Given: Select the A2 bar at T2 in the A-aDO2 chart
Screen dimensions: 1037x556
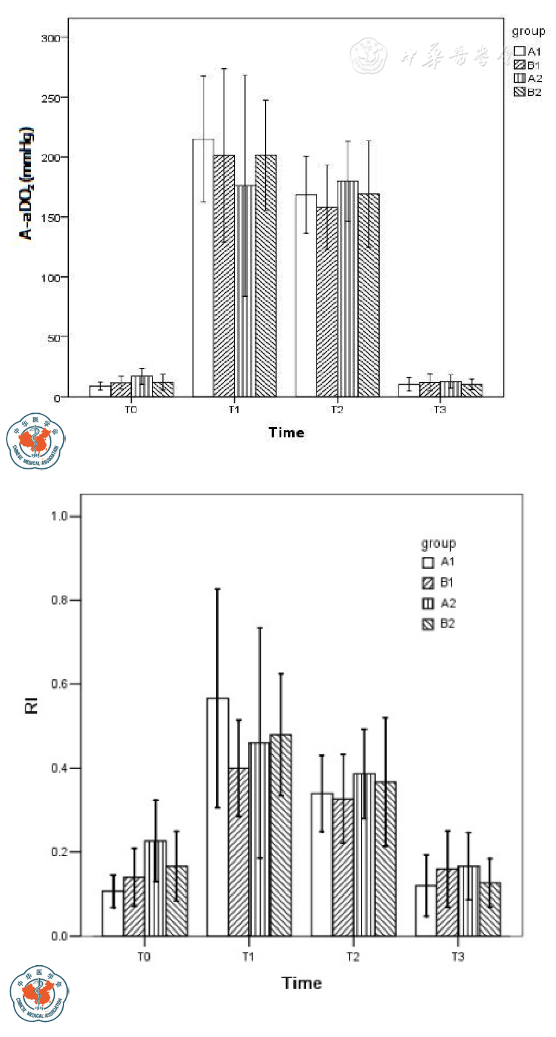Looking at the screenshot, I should pos(348,290).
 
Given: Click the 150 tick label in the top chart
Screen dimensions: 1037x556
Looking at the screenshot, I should pos(51,218).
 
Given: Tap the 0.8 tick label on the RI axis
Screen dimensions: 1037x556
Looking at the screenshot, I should pos(59,600).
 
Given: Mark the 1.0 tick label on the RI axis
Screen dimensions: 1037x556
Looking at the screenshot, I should pos(59,516).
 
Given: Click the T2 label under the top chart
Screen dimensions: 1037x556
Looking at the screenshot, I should pos(337,410).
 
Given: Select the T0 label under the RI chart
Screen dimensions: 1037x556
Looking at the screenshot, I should pos(144,957).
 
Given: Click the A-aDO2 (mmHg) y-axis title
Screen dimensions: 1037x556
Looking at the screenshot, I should pos(26,183).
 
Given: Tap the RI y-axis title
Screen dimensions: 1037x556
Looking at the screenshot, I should pos(31,705).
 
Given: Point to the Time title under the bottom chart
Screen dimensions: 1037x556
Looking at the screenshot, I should pos(302,983).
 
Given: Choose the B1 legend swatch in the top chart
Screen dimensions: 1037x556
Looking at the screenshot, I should pos(519,65).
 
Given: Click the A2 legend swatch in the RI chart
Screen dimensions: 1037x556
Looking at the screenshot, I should pos(428,604).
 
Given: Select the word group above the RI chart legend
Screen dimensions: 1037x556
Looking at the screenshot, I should pos(438,544).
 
